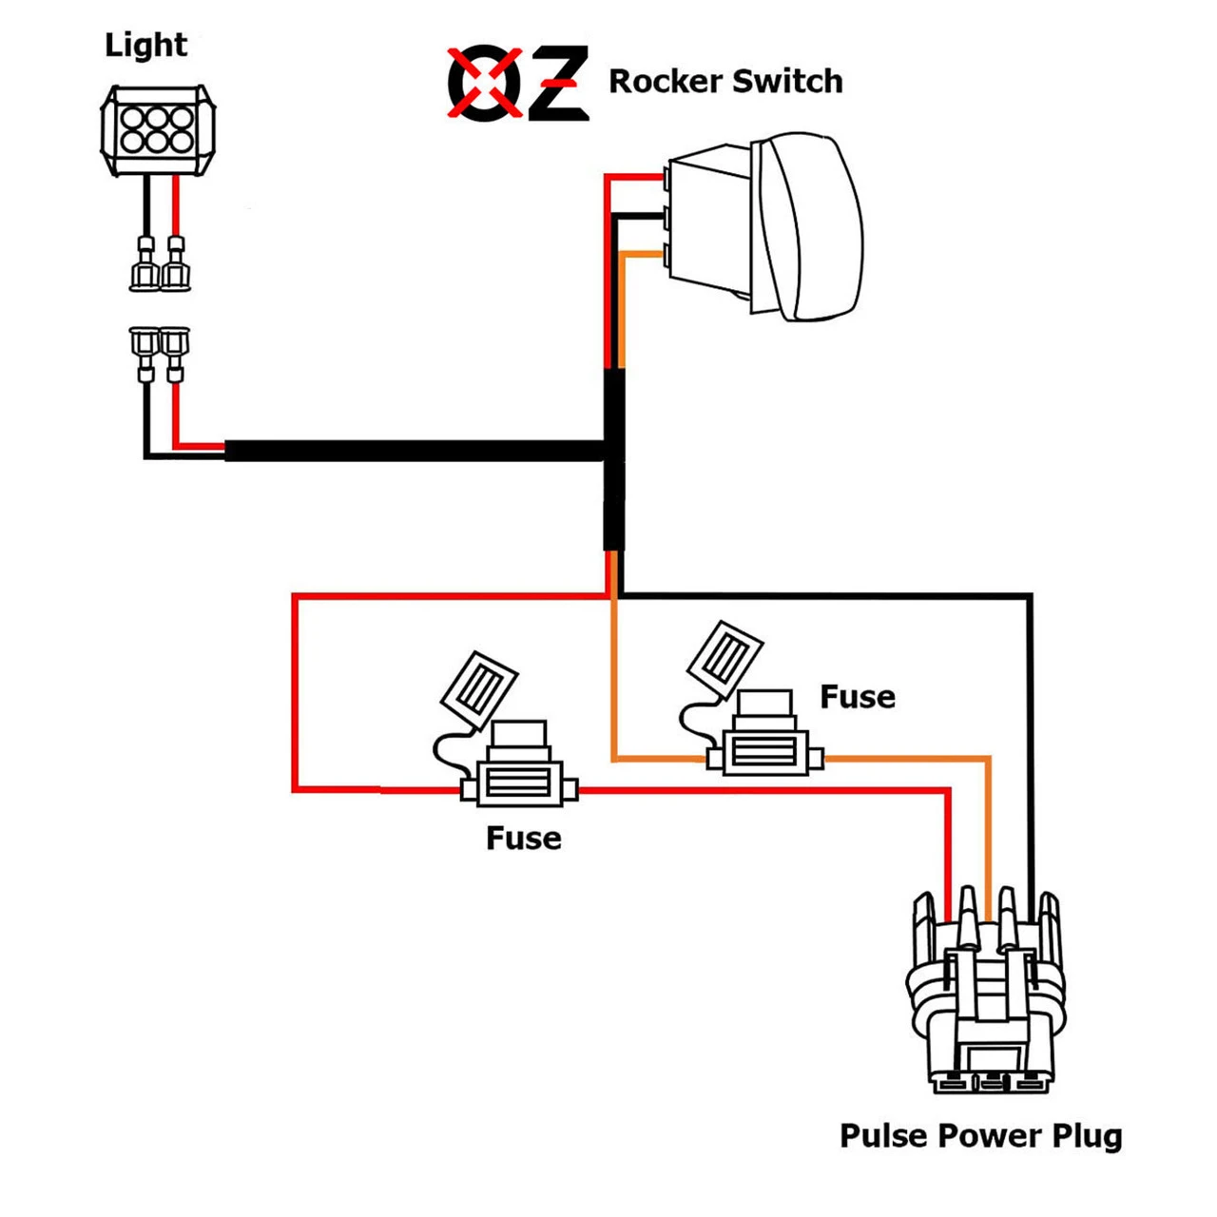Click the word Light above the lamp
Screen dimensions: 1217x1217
click(145, 45)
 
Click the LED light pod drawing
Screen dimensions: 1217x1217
click(157, 130)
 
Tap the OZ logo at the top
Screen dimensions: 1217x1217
click(518, 84)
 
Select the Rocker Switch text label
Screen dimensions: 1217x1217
click(725, 82)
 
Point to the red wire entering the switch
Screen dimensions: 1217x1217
click(632, 176)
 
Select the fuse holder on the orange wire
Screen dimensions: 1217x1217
click(765, 751)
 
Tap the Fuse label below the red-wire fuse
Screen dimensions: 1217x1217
click(523, 838)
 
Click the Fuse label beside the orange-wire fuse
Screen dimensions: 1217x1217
click(857, 697)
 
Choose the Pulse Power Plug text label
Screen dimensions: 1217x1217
click(980, 1136)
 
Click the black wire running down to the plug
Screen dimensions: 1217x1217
click(1030, 742)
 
